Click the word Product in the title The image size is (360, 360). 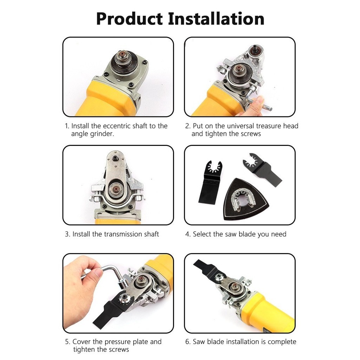coord(129,19)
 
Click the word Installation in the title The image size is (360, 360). coord(216,19)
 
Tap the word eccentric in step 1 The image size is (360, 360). coord(116,126)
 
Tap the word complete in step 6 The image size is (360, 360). coord(282,342)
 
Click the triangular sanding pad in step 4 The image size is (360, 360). coord(245,199)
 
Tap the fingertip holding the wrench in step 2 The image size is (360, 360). coord(260,101)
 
